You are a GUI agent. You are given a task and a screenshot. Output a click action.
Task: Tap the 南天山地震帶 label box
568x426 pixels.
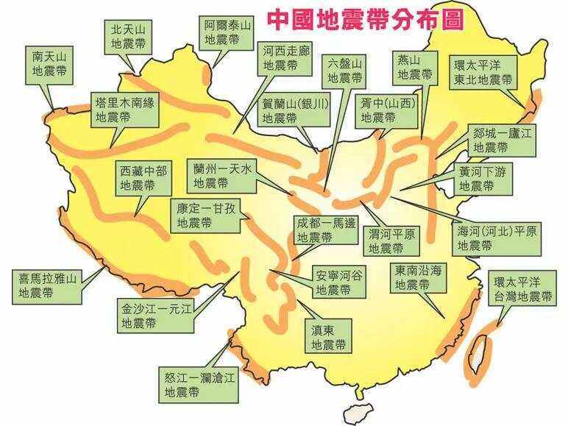point(49,64)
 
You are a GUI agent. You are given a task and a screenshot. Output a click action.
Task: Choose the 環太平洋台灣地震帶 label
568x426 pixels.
point(523,289)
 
